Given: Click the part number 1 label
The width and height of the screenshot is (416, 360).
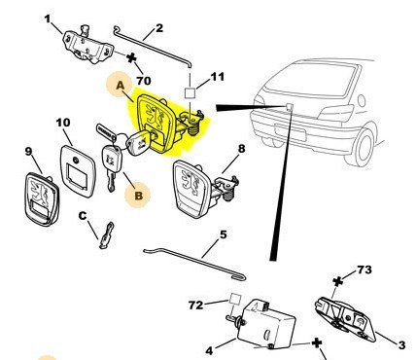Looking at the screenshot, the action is pyautogui.click(x=48, y=18).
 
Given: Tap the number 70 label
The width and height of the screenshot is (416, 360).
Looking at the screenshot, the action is pyautogui.click(x=144, y=81).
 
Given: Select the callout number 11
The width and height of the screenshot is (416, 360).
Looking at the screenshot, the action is pyautogui.click(x=218, y=77).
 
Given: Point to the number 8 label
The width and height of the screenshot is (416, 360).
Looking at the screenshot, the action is pyautogui.click(x=242, y=149).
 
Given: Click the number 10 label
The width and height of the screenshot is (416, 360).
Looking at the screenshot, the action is pyautogui.click(x=63, y=123).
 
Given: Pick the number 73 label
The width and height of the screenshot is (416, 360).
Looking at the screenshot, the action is pyautogui.click(x=364, y=270).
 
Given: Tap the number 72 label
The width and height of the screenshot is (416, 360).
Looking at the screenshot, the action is pyautogui.click(x=195, y=306).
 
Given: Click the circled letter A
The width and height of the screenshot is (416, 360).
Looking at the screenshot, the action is pyautogui.click(x=120, y=86).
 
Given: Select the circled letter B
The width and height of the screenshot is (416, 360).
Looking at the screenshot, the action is pyautogui.click(x=138, y=196).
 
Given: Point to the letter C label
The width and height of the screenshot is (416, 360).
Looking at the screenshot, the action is pyautogui.click(x=83, y=216).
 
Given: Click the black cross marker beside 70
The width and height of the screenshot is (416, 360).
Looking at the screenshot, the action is pyautogui.click(x=131, y=58).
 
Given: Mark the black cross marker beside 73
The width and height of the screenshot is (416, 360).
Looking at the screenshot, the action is pyautogui.click(x=338, y=281).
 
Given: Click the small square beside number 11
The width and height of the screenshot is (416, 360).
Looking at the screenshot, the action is pyautogui.click(x=190, y=93).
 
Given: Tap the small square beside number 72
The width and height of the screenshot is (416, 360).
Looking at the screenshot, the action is pyautogui.click(x=235, y=299).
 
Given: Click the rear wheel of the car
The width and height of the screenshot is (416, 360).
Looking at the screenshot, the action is pyautogui.click(x=364, y=147).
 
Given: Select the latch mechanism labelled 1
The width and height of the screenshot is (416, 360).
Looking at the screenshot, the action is pyautogui.click(x=87, y=46).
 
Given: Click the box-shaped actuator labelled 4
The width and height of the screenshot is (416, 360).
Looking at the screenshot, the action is pyautogui.click(x=266, y=323).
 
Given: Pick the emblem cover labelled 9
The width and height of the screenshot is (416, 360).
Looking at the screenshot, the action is pyautogui.click(x=42, y=199).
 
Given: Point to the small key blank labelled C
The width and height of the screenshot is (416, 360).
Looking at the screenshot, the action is pyautogui.click(x=107, y=235).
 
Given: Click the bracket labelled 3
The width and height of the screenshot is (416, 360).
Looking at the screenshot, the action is pyautogui.click(x=345, y=319).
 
